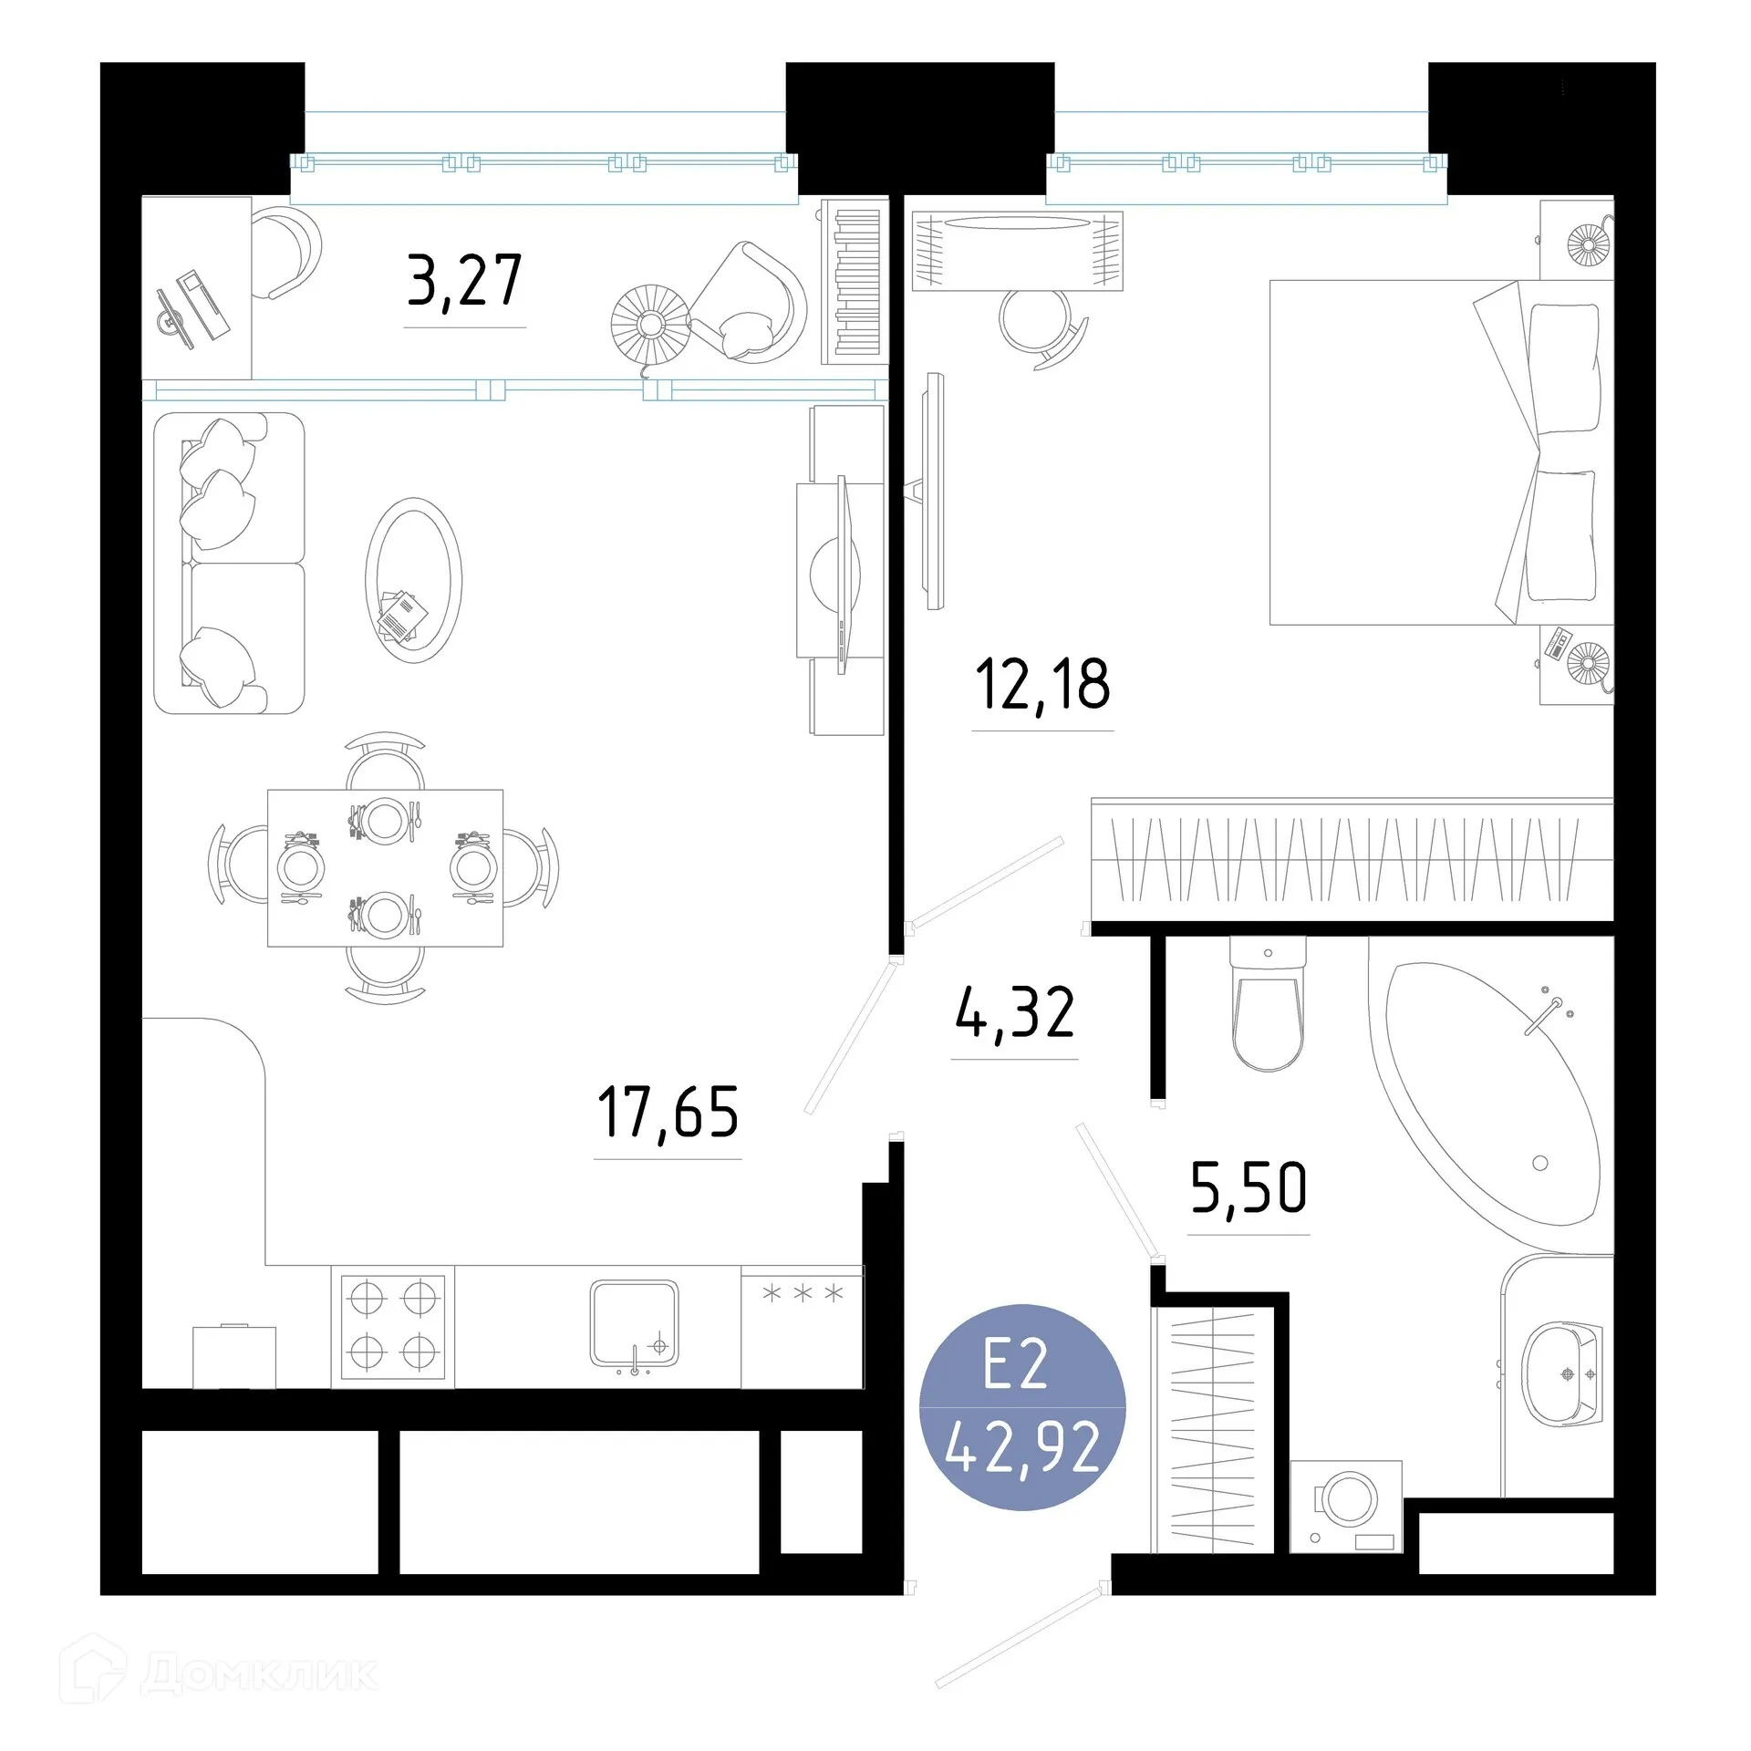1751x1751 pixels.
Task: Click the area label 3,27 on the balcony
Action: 464,282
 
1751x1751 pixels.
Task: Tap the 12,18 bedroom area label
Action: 1042,685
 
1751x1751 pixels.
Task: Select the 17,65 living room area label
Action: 668,1113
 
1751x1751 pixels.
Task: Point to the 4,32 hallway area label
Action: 1015,1013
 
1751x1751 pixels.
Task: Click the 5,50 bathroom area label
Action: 1248,1188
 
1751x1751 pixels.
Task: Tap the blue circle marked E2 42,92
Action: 1022,1406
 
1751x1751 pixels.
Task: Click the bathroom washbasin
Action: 1560,1374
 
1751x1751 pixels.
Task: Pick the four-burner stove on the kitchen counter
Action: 393,1326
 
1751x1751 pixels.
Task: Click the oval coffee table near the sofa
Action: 413,580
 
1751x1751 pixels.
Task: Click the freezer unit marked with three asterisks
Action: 802,1326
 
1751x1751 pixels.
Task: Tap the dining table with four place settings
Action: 385,867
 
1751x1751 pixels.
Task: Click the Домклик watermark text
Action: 259,1674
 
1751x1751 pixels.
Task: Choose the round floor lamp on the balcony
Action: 650,323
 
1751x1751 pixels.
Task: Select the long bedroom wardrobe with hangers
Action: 1352,860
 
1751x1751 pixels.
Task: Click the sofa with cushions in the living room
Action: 229,563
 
